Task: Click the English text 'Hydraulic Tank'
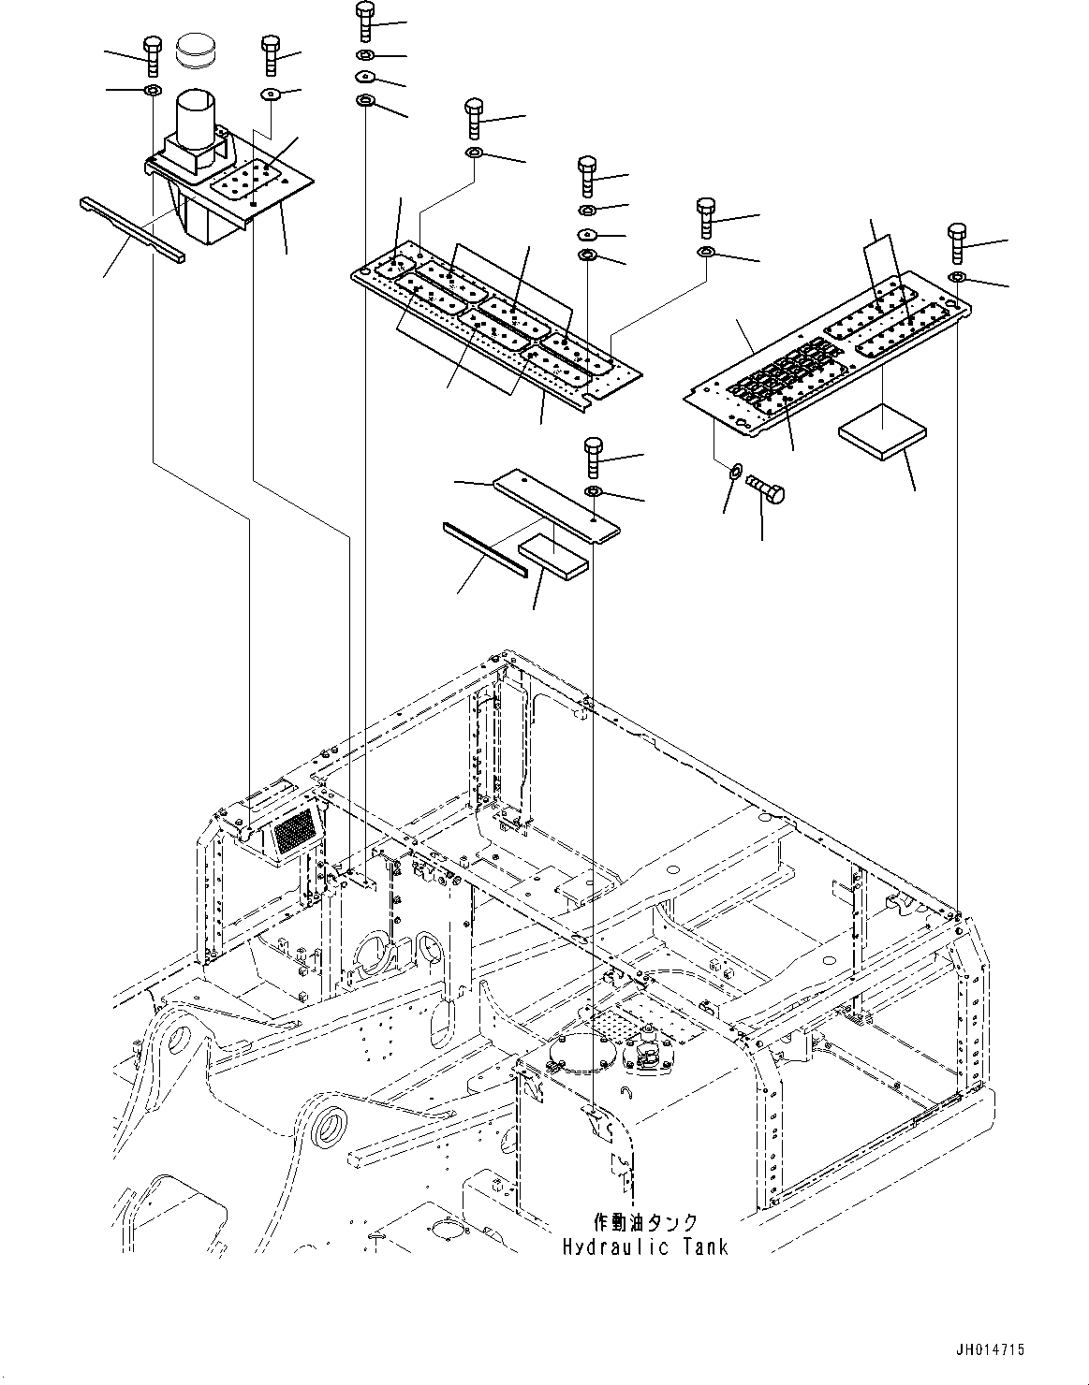[645, 1246]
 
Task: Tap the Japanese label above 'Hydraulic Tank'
[646, 1223]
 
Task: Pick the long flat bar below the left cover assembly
[132, 230]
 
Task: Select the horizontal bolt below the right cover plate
[766, 486]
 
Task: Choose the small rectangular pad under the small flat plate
[553, 552]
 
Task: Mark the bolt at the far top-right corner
[956, 241]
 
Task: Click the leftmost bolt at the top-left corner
[152, 55]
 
